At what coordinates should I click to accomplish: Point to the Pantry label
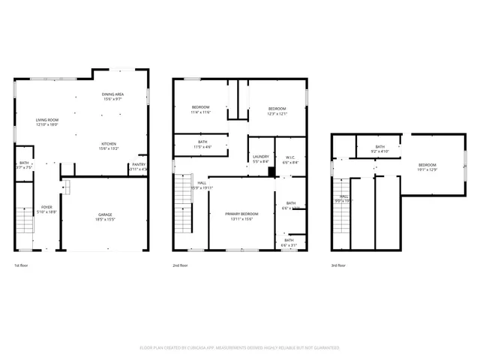click(x=139, y=167)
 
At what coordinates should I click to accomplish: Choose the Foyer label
click(x=46, y=209)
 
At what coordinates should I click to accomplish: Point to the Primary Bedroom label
click(x=242, y=216)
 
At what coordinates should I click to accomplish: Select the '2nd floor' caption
click(x=180, y=265)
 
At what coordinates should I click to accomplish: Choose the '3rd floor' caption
click(x=339, y=265)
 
